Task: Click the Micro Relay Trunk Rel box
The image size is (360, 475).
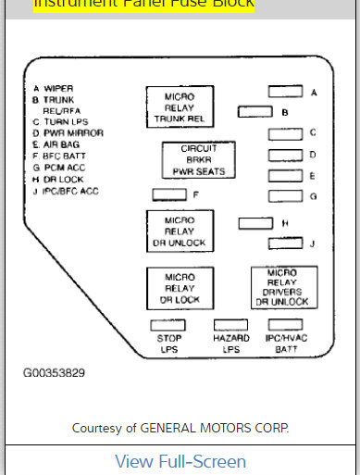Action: tap(180, 107)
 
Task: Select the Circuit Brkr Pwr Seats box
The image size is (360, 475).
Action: tap(196, 159)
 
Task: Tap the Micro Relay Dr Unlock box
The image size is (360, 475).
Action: tap(180, 230)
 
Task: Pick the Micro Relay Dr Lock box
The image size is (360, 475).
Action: tap(180, 288)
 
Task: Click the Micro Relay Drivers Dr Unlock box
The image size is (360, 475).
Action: tap(284, 288)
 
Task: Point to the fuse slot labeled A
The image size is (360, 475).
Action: tap(285, 93)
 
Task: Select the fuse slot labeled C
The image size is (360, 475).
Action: tap(285, 133)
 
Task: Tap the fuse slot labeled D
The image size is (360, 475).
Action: tap(285, 155)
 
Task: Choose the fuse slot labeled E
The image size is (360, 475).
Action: tap(285, 175)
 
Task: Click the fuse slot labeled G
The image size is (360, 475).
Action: tap(285, 196)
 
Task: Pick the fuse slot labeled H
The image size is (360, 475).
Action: tap(255, 223)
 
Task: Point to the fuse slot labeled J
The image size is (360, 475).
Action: tap(285, 243)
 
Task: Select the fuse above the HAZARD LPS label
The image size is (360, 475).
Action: tap(230, 326)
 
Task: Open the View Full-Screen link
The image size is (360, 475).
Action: tap(180, 461)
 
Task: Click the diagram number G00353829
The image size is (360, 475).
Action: tap(55, 374)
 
